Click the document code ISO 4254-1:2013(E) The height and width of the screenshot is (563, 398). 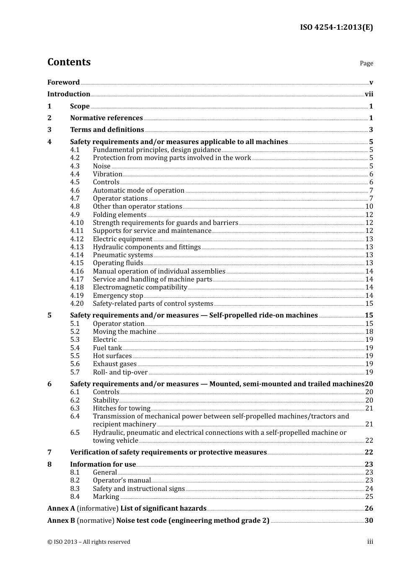tap(336, 28)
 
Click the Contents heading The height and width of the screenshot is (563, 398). tap(69, 62)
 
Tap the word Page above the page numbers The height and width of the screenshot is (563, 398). tap(366, 63)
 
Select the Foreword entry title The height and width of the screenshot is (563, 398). tap(63, 83)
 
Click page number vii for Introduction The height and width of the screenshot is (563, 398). tap(369, 94)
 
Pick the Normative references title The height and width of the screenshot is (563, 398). tap(106, 118)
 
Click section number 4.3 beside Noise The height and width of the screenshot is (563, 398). tap(75, 166)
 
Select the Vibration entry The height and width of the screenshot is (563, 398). tap(107, 174)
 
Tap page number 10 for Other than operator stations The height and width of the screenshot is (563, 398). tap(369, 207)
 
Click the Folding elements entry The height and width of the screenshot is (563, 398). tap(119, 215)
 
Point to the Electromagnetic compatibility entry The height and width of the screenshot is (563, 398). tap(140, 287)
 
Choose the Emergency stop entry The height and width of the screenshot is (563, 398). tap(118, 296)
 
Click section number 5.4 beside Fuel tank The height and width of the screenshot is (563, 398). tap(75, 348)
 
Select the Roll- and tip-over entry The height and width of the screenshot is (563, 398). tap(120, 372)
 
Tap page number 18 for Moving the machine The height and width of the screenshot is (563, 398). tap(369, 332)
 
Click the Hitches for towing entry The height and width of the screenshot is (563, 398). tap(121, 408)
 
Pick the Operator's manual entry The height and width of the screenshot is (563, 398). tap(121, 480)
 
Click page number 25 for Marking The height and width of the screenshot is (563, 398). tap(369, 497)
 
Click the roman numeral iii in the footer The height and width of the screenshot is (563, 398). tap(370, 542)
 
